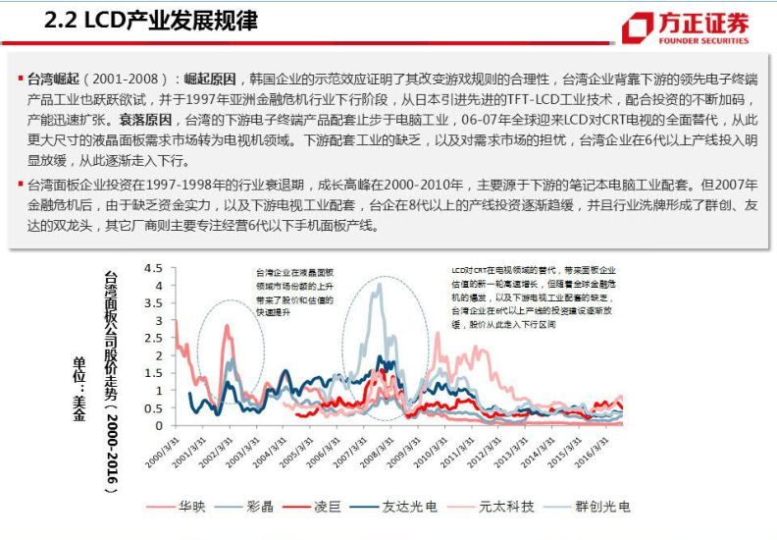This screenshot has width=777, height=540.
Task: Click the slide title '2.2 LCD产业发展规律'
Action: tap(151, 21)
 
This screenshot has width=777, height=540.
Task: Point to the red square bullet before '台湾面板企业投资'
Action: tap(21, 184)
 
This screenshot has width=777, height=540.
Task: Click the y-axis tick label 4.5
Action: tap(154, 267)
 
